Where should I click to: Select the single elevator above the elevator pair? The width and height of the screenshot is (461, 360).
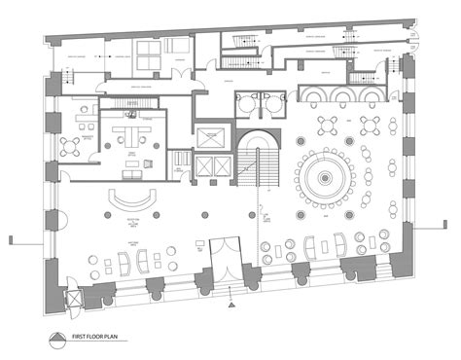[x=209, y=135]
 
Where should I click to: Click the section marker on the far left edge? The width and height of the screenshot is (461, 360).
[x=12, y=236]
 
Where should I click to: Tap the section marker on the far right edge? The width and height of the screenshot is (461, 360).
[x=448, y=236]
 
